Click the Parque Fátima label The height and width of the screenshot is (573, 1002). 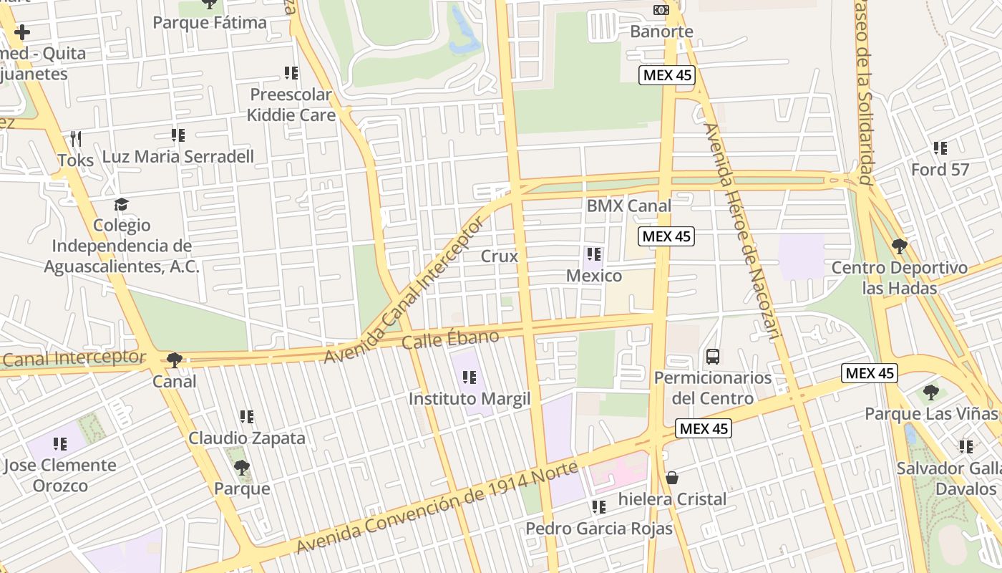click(x=210, y=23)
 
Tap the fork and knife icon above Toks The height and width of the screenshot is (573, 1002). click(x=76, y=138)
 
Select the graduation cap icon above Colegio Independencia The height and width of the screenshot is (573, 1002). click(x=122, y=204)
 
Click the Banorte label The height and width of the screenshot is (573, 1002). click(x=661, y=32)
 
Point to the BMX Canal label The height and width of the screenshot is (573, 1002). click(x=628, y=206)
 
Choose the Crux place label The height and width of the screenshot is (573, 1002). click(x=499, y=256)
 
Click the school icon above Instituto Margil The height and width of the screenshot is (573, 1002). click(x=470, y=377)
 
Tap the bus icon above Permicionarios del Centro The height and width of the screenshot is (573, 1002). click(x=712, y=356)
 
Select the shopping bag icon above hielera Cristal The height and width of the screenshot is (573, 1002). click(x=671, y=477)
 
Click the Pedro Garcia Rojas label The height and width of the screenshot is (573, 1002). click(x=599, y=529)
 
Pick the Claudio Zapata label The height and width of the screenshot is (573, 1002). click(x=247, y=438)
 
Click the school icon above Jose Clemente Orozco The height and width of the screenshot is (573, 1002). click(x=60, y=444)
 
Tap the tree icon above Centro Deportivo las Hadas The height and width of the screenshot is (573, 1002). click(x=899, y=246)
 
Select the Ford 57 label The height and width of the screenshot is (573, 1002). click(x=940, y=170)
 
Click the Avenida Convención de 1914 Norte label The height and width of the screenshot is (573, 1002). click(x=437, y=508)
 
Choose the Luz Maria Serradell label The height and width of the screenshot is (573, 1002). click(x=178, y=156)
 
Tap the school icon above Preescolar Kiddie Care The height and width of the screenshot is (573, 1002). click(x=291, y=72)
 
